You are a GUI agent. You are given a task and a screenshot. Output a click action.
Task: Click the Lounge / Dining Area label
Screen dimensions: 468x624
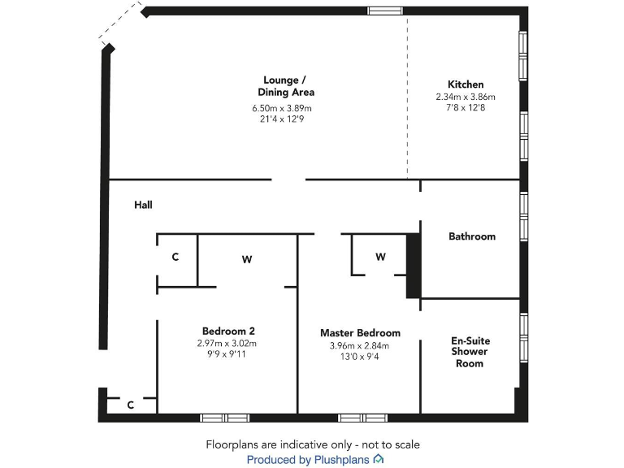pos(285,86)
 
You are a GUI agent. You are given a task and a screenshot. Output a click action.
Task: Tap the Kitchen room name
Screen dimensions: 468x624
pos(466,84)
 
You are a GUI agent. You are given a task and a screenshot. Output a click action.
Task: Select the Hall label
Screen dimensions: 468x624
pos(143,206)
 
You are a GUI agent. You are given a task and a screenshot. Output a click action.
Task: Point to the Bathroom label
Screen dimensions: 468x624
pos(471,236)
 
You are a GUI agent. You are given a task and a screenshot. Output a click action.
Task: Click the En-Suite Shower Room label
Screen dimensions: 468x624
pos(470,352)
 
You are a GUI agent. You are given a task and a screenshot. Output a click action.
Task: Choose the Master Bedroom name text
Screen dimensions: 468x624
pos(360,333)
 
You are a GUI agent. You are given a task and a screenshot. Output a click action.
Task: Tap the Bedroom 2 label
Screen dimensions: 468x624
pos(228,331)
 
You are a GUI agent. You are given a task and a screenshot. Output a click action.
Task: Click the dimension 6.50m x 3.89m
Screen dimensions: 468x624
pos(282,108)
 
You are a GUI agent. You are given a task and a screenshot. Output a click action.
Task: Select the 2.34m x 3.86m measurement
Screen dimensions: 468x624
pos(466,97)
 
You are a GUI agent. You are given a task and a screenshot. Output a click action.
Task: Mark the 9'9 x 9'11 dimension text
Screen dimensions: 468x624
pos(227,354)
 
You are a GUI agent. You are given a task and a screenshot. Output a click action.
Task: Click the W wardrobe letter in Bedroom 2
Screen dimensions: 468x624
pos(247,260)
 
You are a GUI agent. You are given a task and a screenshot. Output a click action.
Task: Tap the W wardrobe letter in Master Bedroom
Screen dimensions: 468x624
pos(380,257)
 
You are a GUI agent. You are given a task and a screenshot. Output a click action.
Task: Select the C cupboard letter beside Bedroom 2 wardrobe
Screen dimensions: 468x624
pos(175,258)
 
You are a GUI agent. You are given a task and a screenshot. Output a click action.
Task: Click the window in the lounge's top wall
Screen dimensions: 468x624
pos(385,11)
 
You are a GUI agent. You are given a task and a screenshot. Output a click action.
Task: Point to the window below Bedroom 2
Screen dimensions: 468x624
pos(225,418)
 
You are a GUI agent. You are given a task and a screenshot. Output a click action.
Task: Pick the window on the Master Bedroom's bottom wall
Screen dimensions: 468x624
pos(363,418)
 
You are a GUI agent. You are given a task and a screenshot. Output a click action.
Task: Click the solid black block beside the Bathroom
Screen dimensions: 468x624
pos(413,266)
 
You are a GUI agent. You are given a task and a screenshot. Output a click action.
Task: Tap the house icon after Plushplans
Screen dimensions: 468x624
pos(379,460)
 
